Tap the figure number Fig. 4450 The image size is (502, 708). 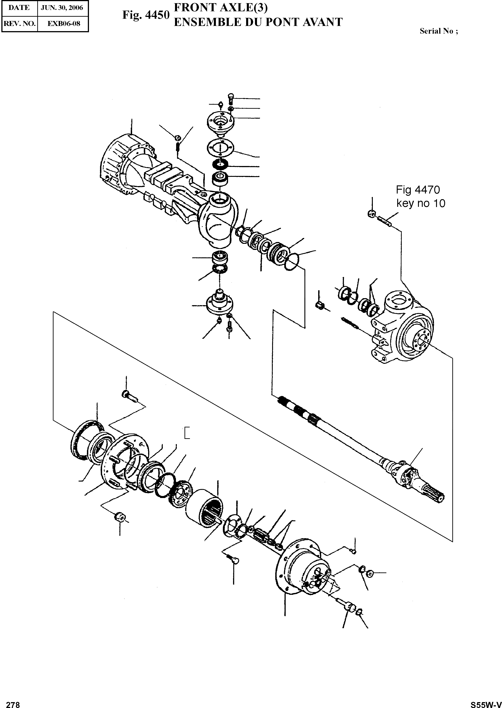[x=146, y=15]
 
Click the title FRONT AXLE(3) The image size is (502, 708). [x=221, y=7]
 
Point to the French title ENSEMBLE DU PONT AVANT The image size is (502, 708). [x=258, y=22]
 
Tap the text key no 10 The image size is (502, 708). [x=421, y=203]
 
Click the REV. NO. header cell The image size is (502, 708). [x=19, y=23]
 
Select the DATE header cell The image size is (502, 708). [x=19, y=8]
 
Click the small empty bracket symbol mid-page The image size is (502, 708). [x=186, y=432]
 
